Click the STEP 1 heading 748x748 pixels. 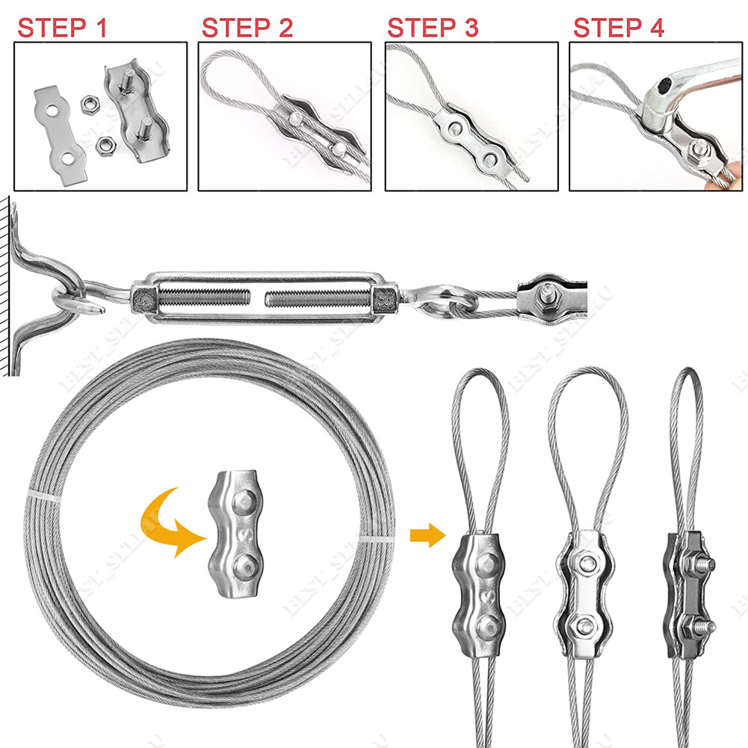[x=63, y=28]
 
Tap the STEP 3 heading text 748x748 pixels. [x=433, y=28]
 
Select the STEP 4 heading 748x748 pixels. [x=618, y=28]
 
